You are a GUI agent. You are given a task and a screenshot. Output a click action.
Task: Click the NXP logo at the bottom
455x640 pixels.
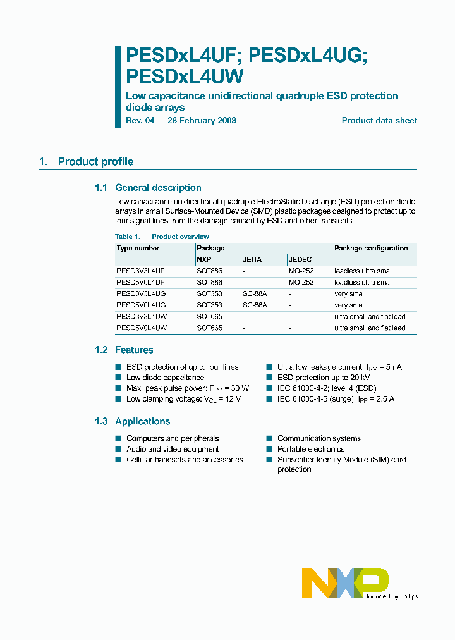click(x=345, y=582)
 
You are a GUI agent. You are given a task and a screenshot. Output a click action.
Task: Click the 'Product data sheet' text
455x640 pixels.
click(x=379, y=120)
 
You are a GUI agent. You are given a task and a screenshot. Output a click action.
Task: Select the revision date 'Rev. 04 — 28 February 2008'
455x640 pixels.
click(x=181, y=120)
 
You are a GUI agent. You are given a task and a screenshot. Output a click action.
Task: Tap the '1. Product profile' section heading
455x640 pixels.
click(x=86, y=162)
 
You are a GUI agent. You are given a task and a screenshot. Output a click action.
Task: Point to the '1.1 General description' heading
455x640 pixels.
click(x=148, y=188)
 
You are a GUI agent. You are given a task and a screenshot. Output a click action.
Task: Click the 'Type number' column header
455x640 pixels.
click(x=138, y=249)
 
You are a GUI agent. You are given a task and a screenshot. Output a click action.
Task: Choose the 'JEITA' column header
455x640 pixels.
click(x=252, y=259)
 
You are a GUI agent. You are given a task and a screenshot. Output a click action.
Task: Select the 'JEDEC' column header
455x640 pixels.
click(x=300, y=259)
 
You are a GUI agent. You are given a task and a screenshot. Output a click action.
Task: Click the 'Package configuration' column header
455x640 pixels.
click(x=371, y=249)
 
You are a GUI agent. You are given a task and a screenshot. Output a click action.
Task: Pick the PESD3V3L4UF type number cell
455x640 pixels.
click(x=141, y=271)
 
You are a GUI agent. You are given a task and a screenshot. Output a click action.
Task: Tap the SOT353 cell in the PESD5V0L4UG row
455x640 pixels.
click(x=210, y=305)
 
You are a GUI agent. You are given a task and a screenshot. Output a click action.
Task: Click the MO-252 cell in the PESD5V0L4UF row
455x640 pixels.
click(x=301, y=282)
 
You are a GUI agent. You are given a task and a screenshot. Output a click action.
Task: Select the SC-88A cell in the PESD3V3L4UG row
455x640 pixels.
click(x=255, y=293)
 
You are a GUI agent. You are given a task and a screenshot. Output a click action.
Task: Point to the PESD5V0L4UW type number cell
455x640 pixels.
click(x=142, y=328)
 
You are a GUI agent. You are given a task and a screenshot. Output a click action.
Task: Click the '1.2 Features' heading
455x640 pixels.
click(x=124, y=350)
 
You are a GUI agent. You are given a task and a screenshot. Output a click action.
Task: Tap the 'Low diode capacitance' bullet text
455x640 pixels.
click(x=165, y=378)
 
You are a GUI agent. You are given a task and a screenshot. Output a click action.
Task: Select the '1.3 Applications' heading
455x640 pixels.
click(x=132, y=422)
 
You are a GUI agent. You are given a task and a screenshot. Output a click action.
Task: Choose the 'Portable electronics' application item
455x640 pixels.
click(x=311, y=449)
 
